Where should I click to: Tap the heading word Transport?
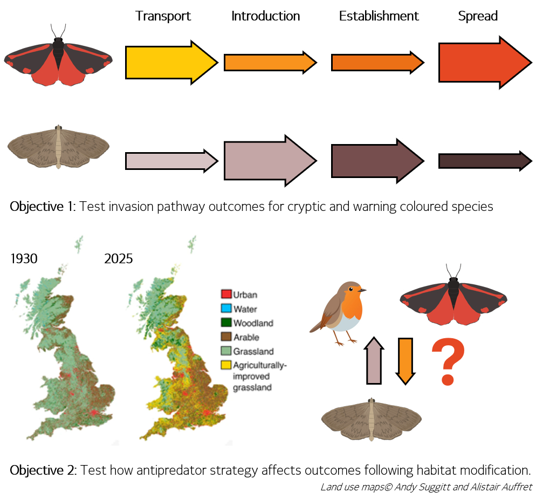click(163, 16)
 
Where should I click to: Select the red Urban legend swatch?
click(226, 295)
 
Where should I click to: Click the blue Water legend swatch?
click(226, 309)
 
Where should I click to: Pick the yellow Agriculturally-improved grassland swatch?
click(226, 366)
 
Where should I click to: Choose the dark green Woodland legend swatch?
click(226, 323)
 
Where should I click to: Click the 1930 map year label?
click(24, 259)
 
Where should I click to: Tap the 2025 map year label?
click(119, 259)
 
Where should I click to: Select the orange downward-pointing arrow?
click(404, 360)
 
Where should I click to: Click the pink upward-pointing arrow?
click(374, 360)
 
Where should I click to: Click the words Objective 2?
click(43, 469)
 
